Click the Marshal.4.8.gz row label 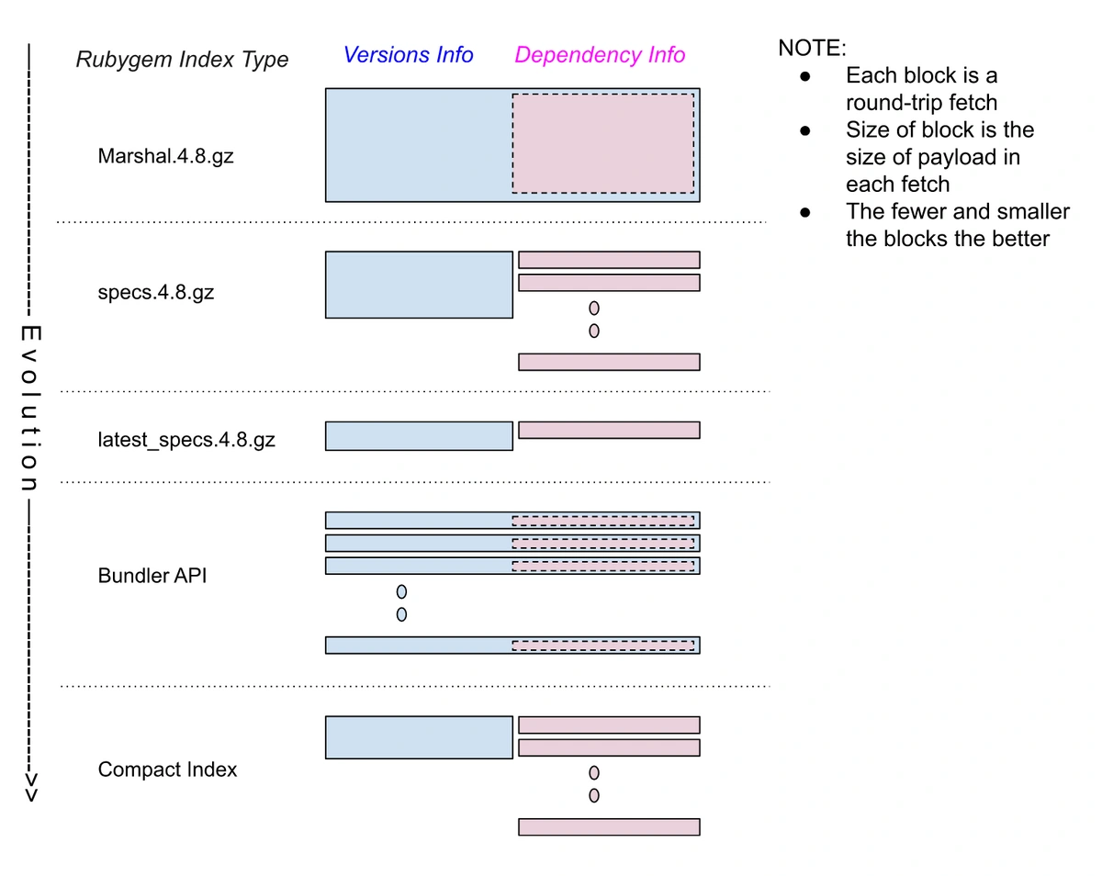(x=165, y=156)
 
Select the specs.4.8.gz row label (x=155, y=294)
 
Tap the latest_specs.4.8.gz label (x=186, y=440)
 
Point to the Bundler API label (x=152, y=576)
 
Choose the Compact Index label (x=167, y=769)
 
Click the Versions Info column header (x=408, y=55)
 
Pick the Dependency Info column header (x=600, y=55)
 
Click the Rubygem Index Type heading (x=182, y=60)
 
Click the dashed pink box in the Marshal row (x=602, y=143)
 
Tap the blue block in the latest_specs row (x=419, y=436)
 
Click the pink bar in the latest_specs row (x=609, y=430)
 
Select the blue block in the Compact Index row (x=419, y=737)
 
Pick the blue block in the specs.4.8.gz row (x=419, y=285)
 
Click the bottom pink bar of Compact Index (x=609, y=826)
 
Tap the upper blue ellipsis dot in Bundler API (x=401, y=591)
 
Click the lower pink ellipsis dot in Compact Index (x=594, y=795)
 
